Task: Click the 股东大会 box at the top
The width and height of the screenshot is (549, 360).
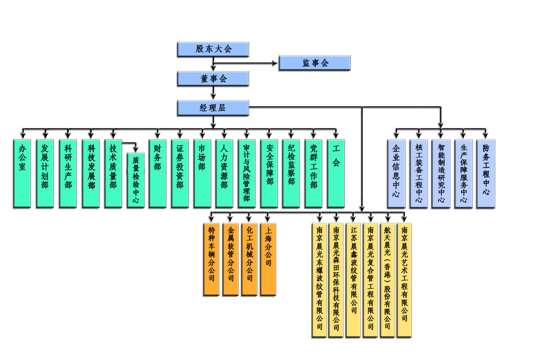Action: [213, 49]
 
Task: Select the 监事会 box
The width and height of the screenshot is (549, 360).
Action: [315, 63]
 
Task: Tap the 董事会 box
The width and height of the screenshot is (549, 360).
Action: [213, 78]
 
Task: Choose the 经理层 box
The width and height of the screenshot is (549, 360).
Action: [213, 108]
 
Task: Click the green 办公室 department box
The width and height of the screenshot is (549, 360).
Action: [22, 173]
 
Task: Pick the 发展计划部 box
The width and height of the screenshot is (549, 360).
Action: [45, 173]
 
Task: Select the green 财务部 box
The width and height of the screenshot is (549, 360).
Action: [158, 173]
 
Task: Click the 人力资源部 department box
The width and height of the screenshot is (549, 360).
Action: [225, 173]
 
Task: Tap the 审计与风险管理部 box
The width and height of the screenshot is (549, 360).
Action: [247, 173]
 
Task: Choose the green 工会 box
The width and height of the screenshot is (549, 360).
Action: [336, 173]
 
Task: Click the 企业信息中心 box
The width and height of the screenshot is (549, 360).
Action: [396, 173]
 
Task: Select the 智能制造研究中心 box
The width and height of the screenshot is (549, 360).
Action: [441, 173]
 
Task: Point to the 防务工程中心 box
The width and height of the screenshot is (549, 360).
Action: [486, 173]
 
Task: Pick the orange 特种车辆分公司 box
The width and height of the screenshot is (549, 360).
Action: [211, 259]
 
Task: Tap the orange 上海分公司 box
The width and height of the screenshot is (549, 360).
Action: [268, 259]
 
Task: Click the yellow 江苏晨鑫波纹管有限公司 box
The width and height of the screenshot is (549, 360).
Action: [354, 279]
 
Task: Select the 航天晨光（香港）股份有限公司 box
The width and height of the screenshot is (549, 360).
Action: [387, 279]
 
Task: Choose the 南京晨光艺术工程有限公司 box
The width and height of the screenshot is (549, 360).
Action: [404, 279]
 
